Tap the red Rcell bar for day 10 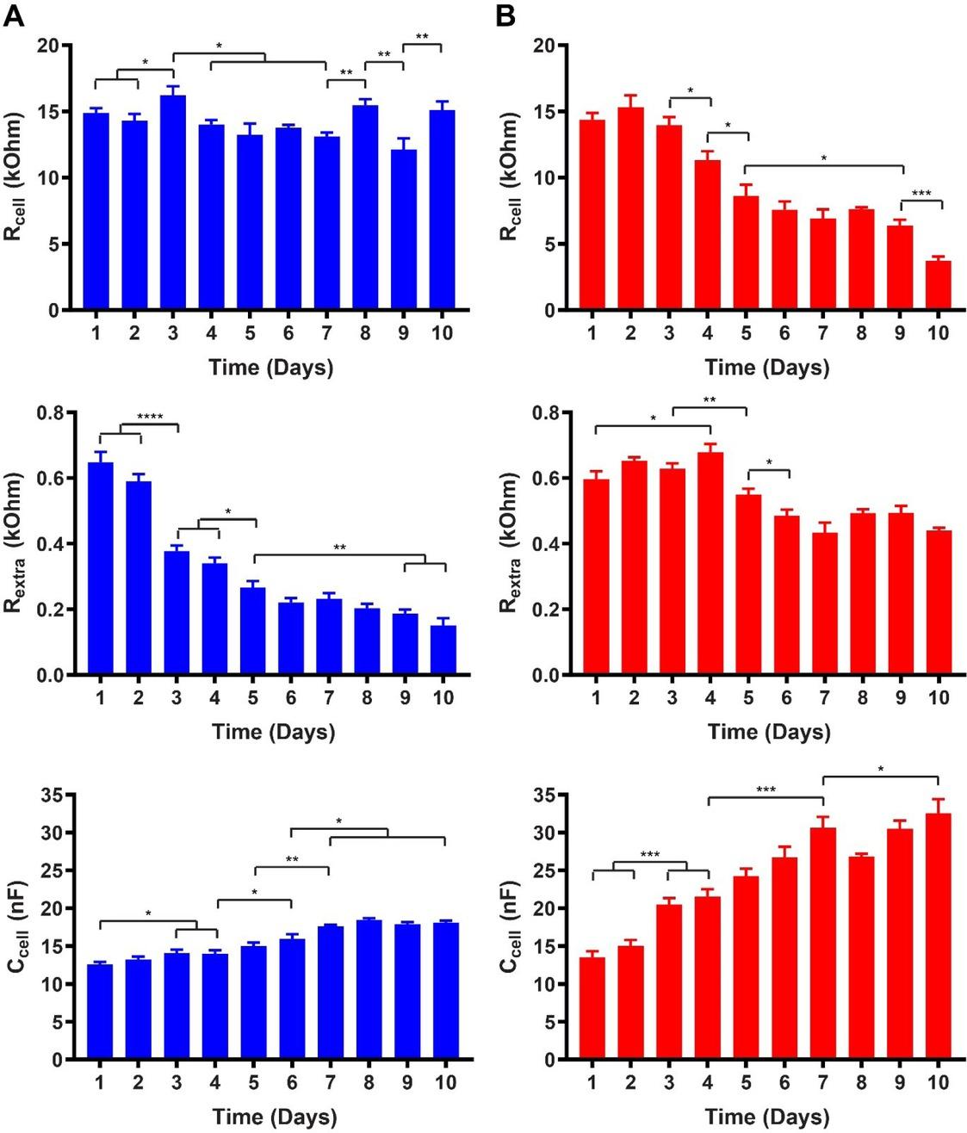(939, 285)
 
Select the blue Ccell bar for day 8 (369, 990)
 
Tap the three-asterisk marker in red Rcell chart (921, 194)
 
